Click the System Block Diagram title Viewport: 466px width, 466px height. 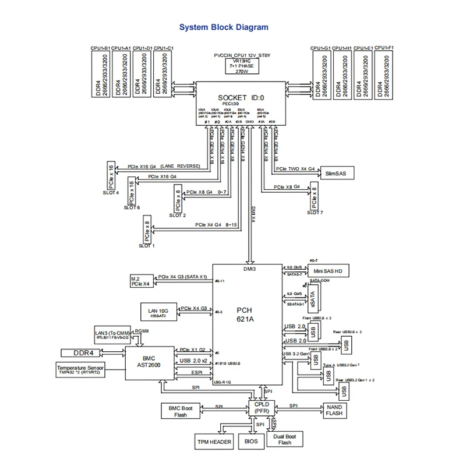click(224, 27)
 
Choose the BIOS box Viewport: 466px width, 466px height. click(251, 442)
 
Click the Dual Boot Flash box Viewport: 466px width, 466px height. click(284, 439)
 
